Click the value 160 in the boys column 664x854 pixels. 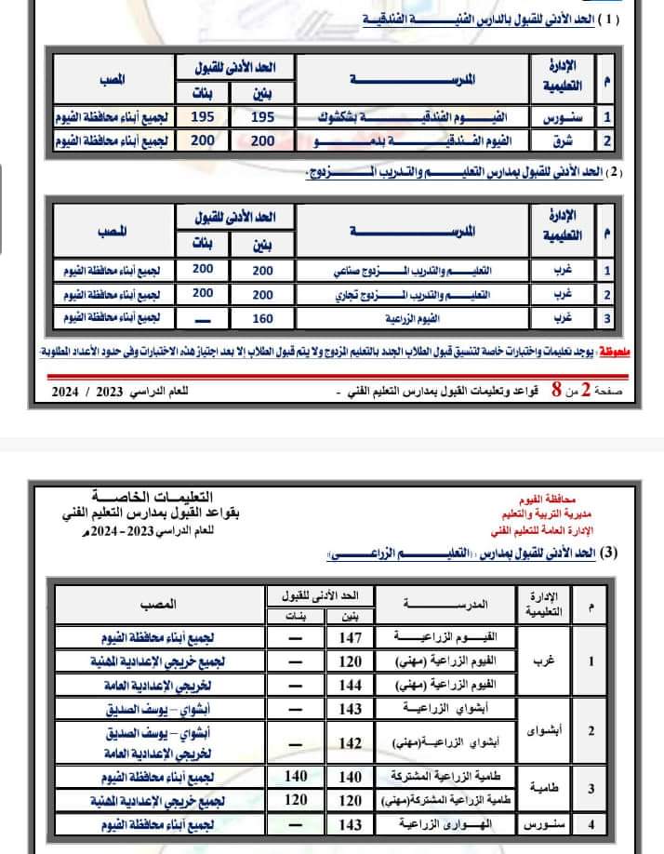263,318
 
